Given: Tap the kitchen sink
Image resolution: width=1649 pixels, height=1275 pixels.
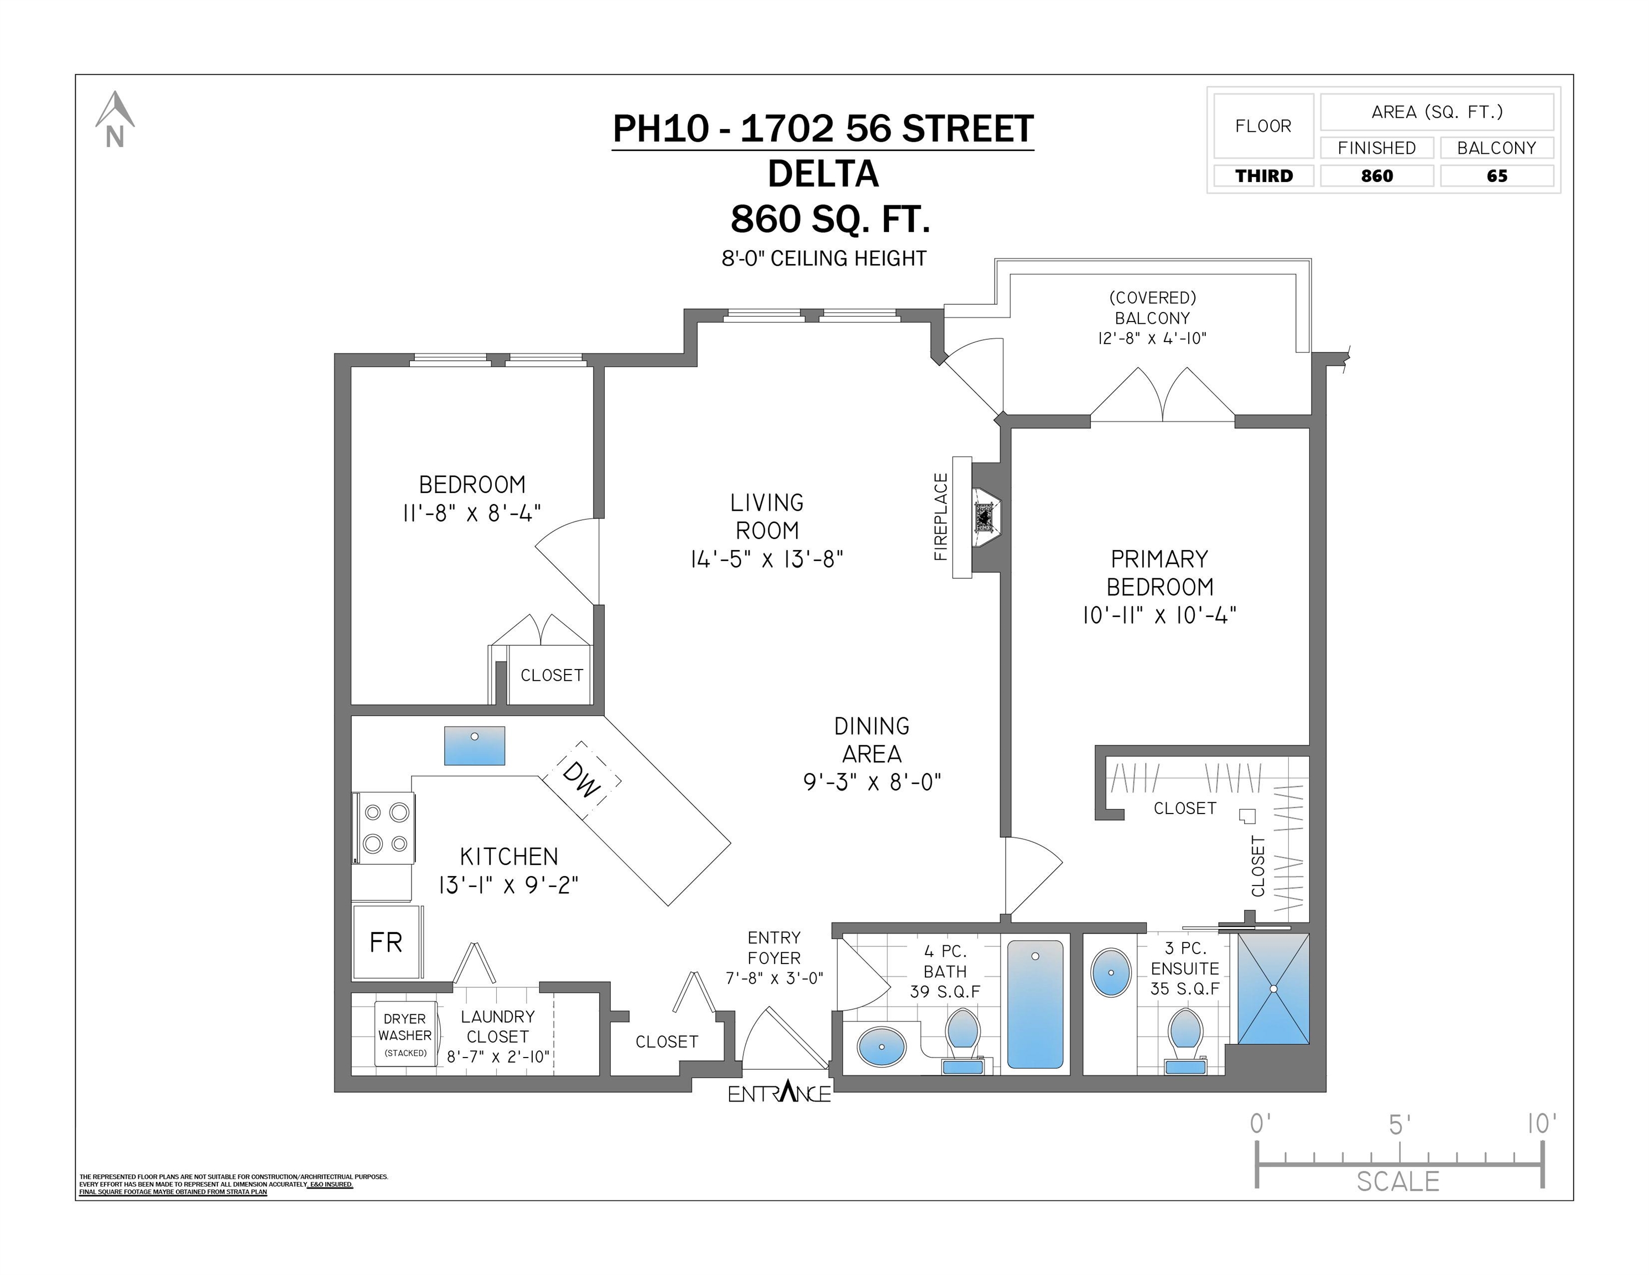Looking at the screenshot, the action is tap(474, 745).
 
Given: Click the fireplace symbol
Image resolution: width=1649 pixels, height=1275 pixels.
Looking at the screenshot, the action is tap(984, 517).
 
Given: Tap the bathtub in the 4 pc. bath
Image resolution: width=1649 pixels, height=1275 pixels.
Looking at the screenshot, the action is tap(1035, 1004).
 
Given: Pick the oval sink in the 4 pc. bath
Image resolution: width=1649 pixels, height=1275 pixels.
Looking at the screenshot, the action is tap(882, 1048).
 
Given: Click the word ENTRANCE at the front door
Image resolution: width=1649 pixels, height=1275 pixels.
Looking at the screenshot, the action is tap(779, 1092).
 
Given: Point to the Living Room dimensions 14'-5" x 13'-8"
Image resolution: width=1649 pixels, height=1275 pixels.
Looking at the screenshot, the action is tap(767, 559).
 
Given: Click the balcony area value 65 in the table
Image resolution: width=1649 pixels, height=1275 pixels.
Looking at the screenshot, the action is tap(1496, 176).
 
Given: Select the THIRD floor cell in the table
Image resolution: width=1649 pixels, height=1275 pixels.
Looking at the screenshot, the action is tap(1264, 176).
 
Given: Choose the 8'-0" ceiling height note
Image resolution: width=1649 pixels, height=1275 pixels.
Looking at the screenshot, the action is tap(824, 258).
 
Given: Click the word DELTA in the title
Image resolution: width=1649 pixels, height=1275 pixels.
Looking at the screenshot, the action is tap(824, 174).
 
